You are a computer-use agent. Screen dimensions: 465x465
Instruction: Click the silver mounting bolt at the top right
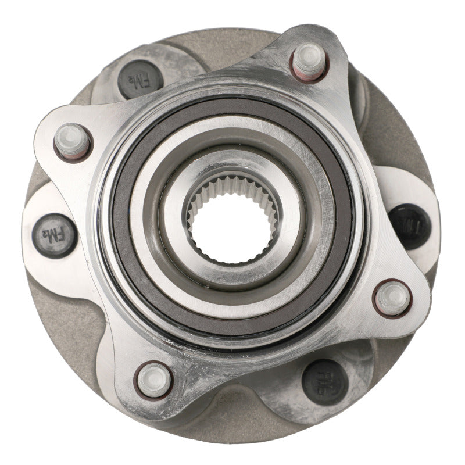point(309,60)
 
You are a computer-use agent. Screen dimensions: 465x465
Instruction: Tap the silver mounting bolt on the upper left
point(72,139)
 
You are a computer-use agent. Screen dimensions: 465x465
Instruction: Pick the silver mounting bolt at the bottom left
point(154,379)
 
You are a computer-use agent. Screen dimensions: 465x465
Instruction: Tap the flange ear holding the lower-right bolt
point(401,314)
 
